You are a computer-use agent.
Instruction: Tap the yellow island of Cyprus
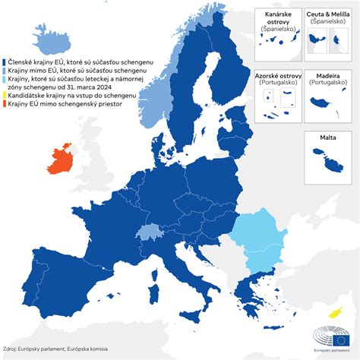pos(333,312)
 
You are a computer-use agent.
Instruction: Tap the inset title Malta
pos(328,137)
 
